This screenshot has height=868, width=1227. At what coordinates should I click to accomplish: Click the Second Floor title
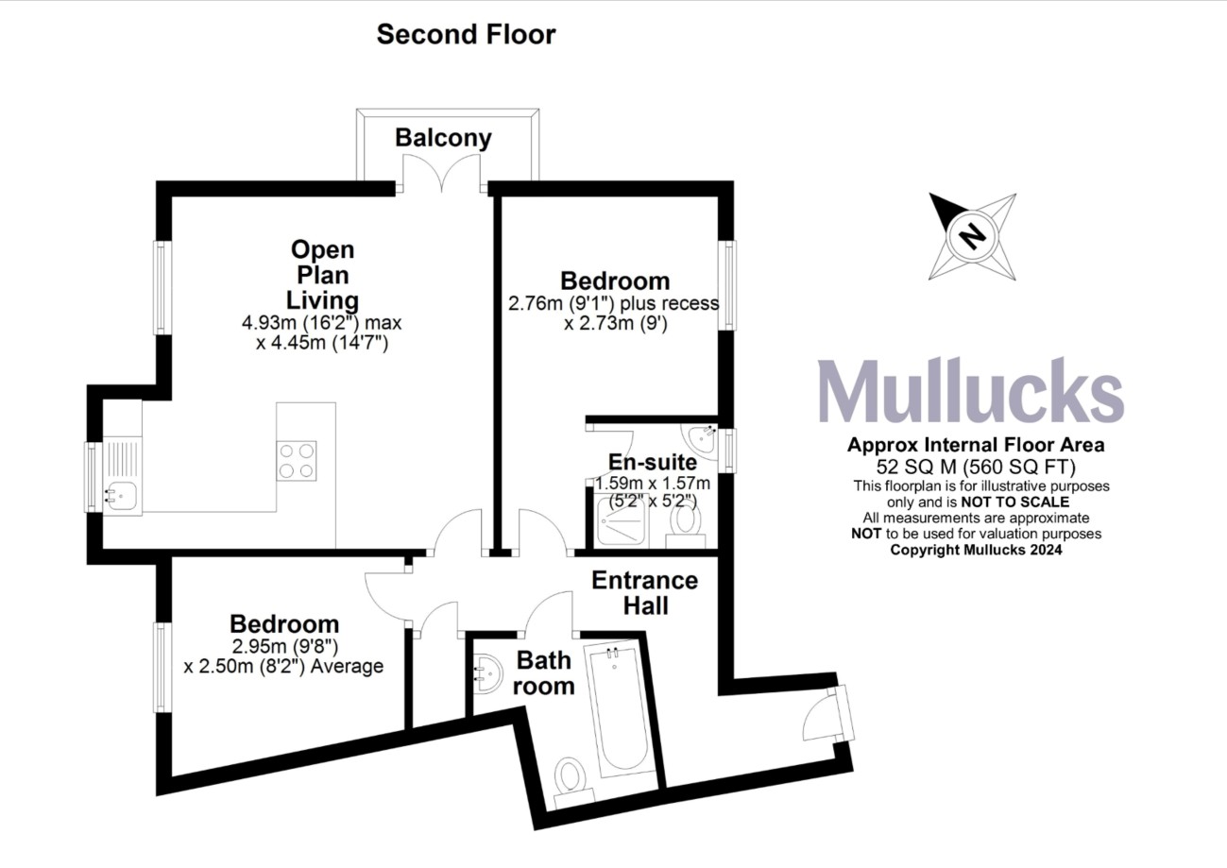coord(466,35)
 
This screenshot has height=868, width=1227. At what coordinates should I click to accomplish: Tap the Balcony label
coord(443,138)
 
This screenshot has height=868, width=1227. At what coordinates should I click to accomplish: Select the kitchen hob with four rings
coord(297,462)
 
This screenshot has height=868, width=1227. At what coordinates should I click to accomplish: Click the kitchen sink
coord(122,491)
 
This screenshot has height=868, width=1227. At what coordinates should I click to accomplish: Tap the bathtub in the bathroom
coord(620,708)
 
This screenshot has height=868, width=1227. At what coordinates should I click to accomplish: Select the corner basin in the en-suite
coord(702,438)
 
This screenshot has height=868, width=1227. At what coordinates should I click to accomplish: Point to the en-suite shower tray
coord(620,524)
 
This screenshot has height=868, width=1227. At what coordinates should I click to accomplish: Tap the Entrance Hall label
coord(645,592)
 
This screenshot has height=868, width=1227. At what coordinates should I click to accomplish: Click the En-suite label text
coord(653,463)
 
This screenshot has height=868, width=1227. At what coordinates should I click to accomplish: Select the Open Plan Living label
coord(323,275)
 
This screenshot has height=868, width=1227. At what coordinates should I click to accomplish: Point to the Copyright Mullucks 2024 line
coord(977,550)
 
